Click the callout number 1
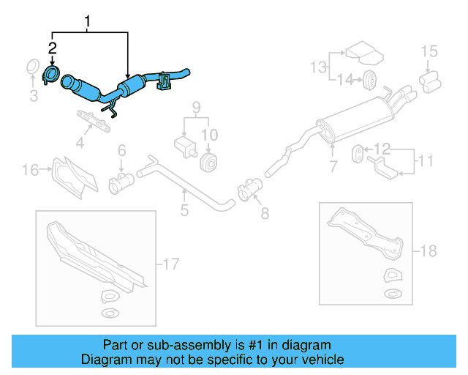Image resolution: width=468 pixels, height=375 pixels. (88, 21)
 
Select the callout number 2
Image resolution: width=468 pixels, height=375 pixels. (52, 49)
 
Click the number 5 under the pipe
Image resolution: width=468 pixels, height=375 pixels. (184, 210)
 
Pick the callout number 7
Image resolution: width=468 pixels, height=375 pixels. (333, 167)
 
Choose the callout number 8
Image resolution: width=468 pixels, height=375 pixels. (265, 213)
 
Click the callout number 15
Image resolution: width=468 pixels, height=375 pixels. (429, 51)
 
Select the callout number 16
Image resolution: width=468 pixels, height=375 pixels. (30, 171)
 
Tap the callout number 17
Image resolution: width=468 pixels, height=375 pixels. (171, 262)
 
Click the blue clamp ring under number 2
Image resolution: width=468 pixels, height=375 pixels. (51, 74)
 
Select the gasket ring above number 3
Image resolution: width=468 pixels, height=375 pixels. (33, 67)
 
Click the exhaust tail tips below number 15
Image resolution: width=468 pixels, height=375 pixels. (429, 78)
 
